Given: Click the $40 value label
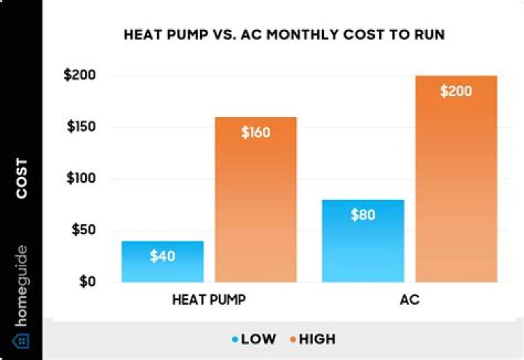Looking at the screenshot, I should tap(162, 256).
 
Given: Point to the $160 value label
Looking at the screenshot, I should tap(255, 132).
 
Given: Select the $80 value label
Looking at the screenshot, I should tap(362, 215).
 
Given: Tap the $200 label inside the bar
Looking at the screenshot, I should tap(456, 92).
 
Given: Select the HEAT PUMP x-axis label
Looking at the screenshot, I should tap(209, 299).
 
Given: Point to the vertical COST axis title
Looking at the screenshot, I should tap(21, 179).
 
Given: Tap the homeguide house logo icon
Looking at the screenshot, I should tap(21, 341).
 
